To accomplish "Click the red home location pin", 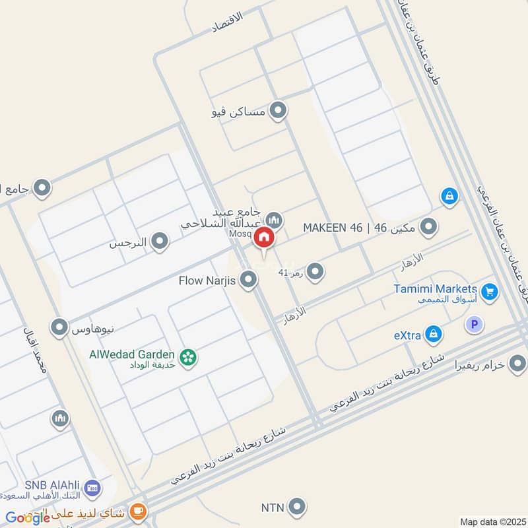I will pos(264,238).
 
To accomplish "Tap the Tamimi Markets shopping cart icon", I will pos(489,291).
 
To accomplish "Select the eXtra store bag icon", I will pos(433,335).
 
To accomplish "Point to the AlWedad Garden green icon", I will pos(188,357).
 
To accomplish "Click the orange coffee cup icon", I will pos(138,510).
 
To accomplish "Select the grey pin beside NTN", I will pos(298,507).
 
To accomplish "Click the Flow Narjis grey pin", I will pos(248,280).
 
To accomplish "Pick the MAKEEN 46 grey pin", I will pos(429,228).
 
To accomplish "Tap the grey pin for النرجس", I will pos(159,242).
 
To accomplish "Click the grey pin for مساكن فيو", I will pos(279,112).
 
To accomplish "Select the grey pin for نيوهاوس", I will pos(60,327).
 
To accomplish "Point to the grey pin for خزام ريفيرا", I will pos(517,363).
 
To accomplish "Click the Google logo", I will pos(28,517).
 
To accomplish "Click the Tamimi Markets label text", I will pos(435,289).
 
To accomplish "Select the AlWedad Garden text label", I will pos(132,354).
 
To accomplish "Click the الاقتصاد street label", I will pos(226,22).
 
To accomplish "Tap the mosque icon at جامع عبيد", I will pos(274,219).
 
